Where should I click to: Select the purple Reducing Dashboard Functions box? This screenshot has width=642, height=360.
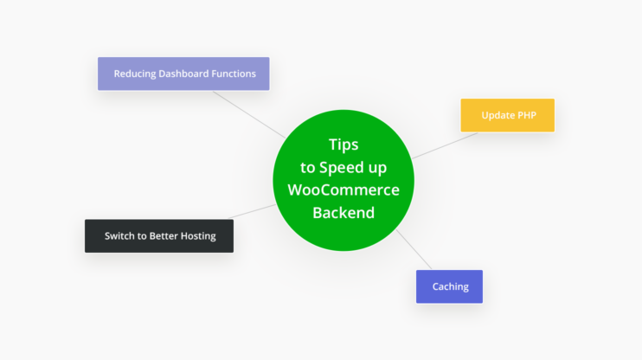point(183,74)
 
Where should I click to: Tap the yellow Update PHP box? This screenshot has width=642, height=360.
point(507,115)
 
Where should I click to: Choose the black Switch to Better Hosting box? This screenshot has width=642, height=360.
point(159,235)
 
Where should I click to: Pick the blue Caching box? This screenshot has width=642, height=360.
point(449,286)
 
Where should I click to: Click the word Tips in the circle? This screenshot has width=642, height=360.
point(343,145)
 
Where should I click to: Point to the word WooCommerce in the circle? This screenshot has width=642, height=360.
point(343,190)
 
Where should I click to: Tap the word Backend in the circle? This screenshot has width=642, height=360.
point(343,212)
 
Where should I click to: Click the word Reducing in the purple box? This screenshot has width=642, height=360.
point(134,74)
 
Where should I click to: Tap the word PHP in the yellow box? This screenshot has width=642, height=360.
point(528,115)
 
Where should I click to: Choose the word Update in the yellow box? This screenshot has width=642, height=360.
point(498,115)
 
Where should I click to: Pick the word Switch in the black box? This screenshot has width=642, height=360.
point(120,235)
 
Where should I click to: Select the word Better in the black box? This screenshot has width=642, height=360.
point(159,235)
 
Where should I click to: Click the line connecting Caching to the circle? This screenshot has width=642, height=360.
point(415,250)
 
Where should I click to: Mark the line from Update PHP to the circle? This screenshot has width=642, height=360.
point(443,145)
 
